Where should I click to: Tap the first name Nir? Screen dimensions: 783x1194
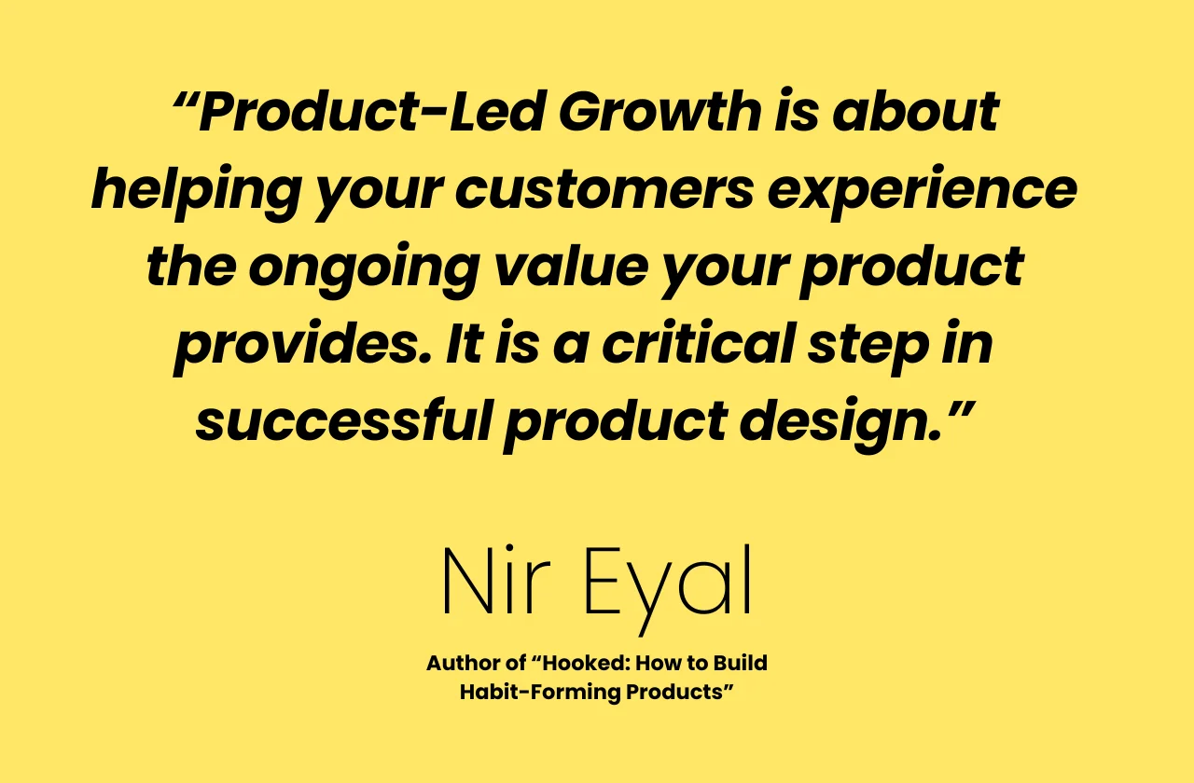click(x=495, y=581)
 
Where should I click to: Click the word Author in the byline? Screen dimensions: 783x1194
click(x=461, y=663)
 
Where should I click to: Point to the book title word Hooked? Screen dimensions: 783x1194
click(x=585, y=663)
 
